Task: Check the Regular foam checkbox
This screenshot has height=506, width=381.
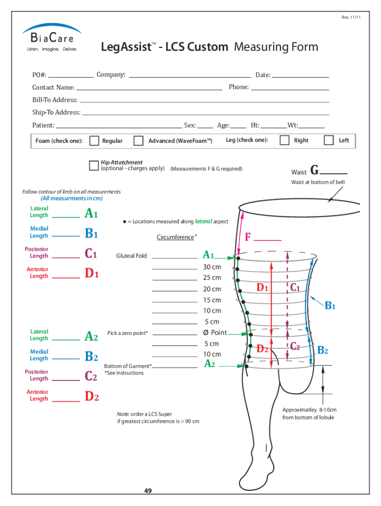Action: pyautogui.click(x=94, y=141)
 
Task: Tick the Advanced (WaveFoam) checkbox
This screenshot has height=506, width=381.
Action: pyautogui.click(x=139, y=141)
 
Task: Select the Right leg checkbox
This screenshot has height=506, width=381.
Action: pyautogui.click(x=285, y=140)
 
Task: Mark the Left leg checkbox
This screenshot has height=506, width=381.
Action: pyautogui.click(x=329, y=140)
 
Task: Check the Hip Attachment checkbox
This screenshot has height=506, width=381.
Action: pyautogui.click(x=94, y=166)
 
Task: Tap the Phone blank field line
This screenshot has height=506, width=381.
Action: pyautogui.click(x=290, y=90)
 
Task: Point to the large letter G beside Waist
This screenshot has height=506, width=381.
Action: pyautogui.click(x=314, y=171)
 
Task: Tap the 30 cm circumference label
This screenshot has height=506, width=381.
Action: pyautogui.click(x=212, y=267)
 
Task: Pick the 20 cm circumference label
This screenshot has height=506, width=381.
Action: pyautogui.click(x=212, y=289)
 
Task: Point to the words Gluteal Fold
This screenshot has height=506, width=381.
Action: pyautogui.click(x=132, y=256)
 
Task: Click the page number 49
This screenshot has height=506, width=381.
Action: pyautogui.click(x=148, y=491)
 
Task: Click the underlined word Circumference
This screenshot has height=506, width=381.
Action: pyautogui.click(x=175, y=237)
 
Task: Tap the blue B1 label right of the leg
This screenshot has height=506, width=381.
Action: pyautogui.click(x=330, y=306)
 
